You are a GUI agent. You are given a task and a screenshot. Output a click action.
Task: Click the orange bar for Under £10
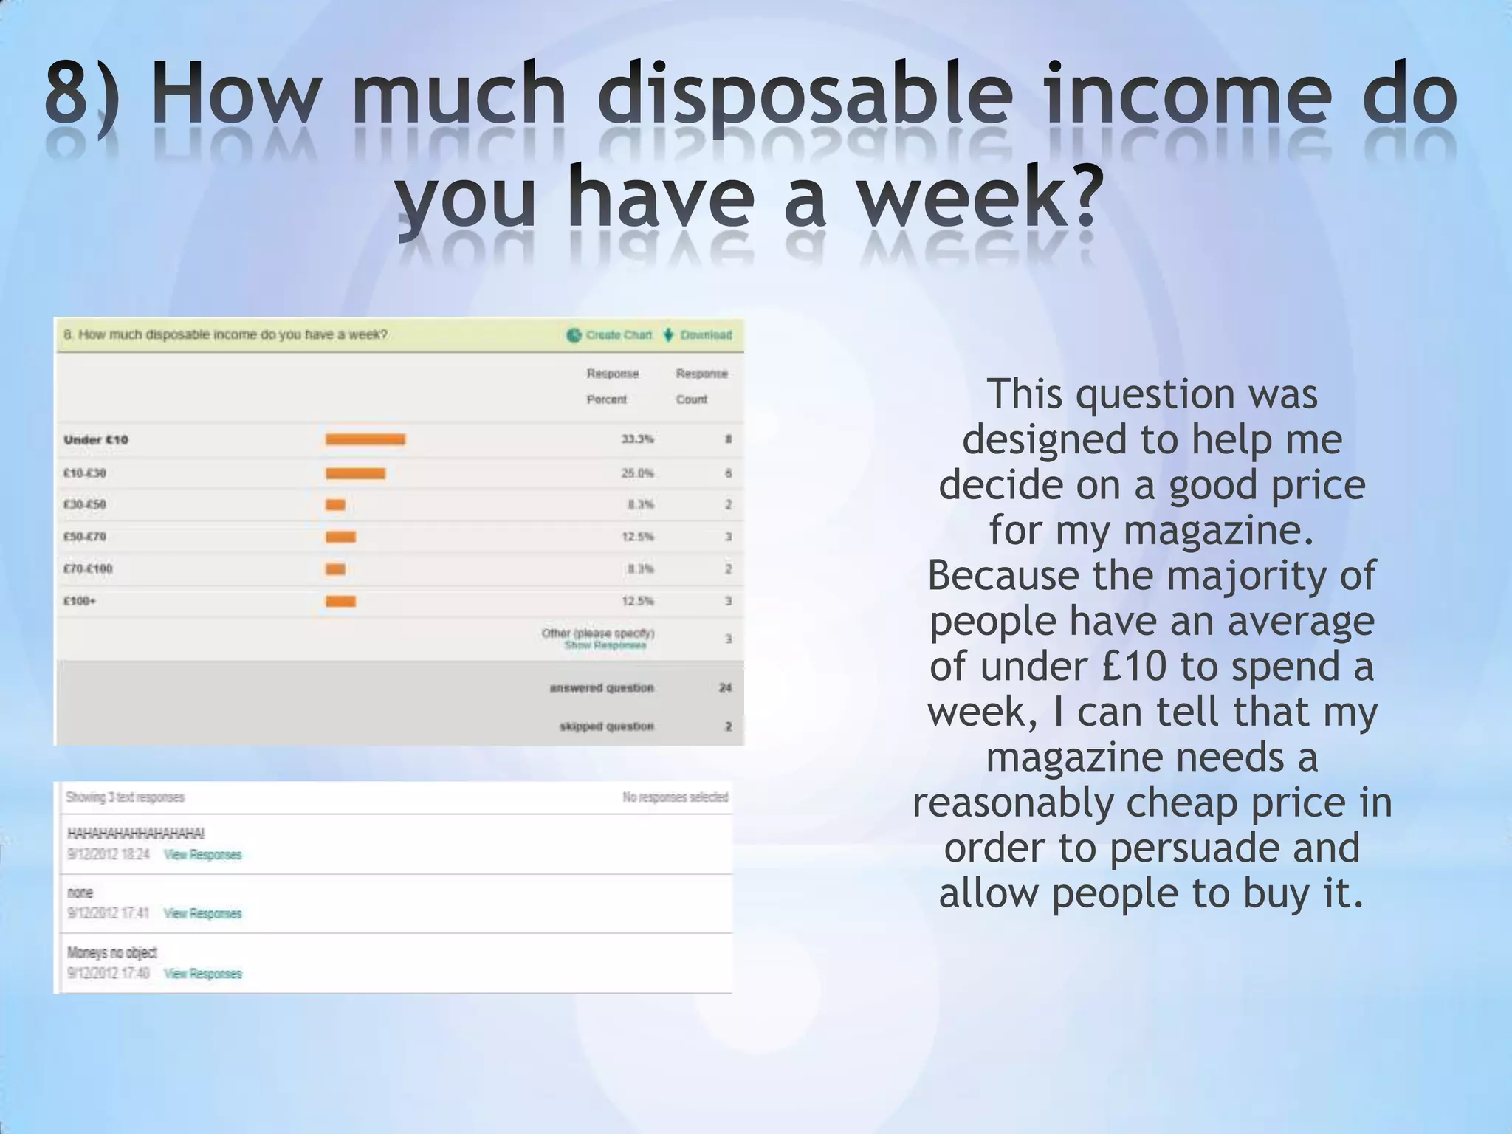pyautogui.click(x=365, y=439)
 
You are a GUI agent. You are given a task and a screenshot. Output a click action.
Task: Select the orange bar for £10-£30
pyautogui.click(x=355, y=473)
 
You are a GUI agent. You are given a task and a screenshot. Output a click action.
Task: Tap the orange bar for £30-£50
pyautogui.click(x=335, y=505)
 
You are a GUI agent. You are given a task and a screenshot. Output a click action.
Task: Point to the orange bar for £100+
pyautogui.click(x=340, y=601)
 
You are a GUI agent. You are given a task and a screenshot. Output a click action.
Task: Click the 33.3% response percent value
pyautogui.click(x=637, y=439)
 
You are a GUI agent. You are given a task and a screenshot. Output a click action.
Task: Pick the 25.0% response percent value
pyautogui.click(x=637, y=473)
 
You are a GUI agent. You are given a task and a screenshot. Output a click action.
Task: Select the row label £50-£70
pyautogui.click(x=85, y=537)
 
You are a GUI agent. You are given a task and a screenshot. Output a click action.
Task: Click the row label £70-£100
pyautogui.click(x=88, y=569)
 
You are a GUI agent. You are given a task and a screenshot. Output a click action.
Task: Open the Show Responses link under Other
pyautogui.click(x=605, y=645)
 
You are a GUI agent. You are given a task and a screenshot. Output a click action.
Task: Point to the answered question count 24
pyautogui.click(x=725, y=687)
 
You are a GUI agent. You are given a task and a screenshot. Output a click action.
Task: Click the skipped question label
pyautogui.click(x=606, y=726)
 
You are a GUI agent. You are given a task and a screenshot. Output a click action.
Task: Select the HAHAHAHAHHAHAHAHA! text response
pyautogui.click(x=136, y=834)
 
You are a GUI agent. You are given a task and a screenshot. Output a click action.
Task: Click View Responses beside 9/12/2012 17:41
pyautogui.click(x=203, y=914)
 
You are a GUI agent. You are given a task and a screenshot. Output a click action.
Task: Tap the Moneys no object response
pyautogui.click(x=112, y=952)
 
